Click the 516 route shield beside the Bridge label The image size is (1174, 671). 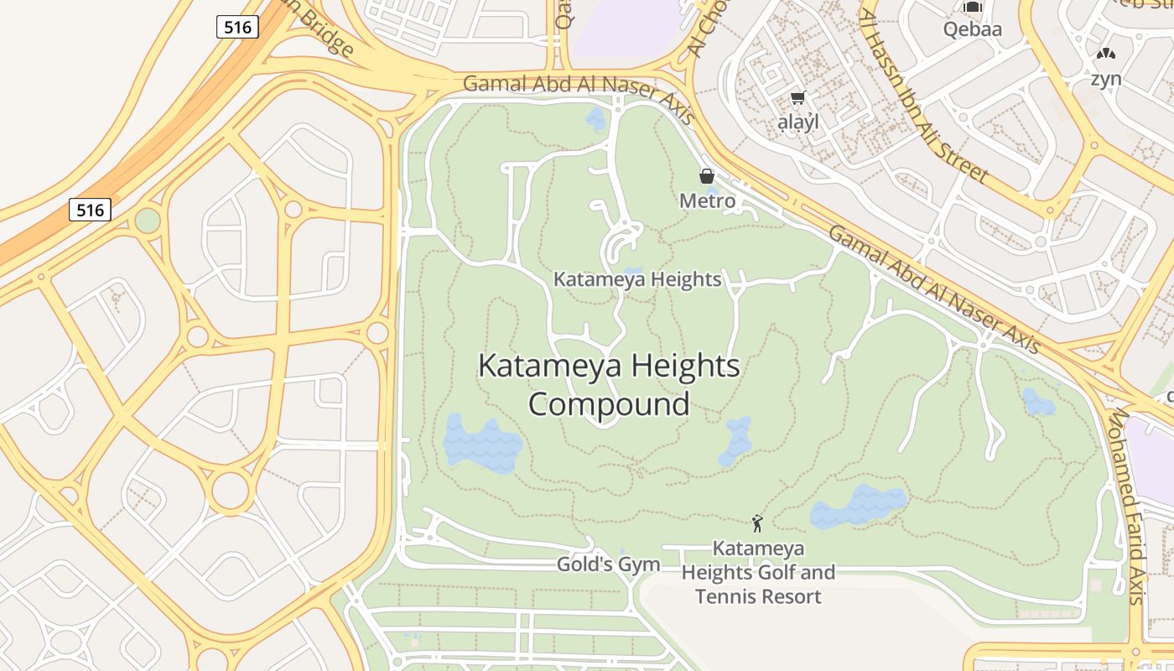tap(237, 27)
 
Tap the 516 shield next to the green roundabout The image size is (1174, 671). tap(90, 210)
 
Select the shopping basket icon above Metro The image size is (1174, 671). tap(707, 175)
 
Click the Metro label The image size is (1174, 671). tap(707, 201)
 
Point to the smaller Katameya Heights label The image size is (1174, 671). tap(637, 279)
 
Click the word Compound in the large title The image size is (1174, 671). tap(609, 404)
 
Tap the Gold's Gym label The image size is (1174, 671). tap(608, 564)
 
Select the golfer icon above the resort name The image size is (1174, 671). tap(757, 523)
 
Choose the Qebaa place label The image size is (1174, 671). tap(972, 29)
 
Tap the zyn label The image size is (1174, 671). tap(1106, 79)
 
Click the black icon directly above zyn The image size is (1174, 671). tap(1106, 55)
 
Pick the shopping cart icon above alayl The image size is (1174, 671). tap(797, 98)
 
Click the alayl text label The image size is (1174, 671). tap(797, 123)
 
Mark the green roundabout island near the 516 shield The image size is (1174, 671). tap(148, 221)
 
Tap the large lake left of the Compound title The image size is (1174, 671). tap(481, 443)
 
